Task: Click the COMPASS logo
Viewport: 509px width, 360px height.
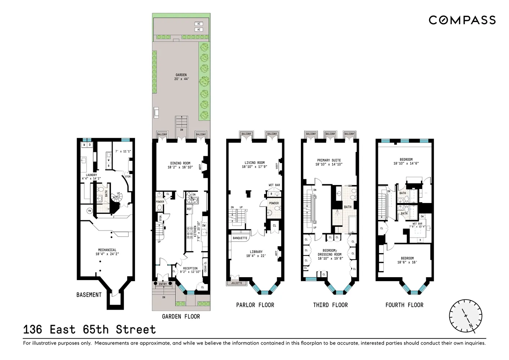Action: [462, 20]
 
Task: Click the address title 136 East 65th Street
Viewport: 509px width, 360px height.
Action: [89, 329]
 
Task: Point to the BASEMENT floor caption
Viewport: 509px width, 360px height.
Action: [89, 295]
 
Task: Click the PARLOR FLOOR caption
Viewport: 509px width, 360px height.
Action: [255, 305]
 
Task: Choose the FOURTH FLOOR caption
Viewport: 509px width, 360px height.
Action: [404, 305]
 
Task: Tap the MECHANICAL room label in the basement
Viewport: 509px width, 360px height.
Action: [107, 252]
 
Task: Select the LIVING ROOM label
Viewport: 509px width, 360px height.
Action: [254, 165]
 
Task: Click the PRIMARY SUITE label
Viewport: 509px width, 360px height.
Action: [329, 162]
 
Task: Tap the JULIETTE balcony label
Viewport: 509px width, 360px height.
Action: [237, 283]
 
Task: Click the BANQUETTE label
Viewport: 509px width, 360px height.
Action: [240, 238]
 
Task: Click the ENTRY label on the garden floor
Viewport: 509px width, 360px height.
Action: [163, 284]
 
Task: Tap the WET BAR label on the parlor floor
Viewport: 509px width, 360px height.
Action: [274, 185]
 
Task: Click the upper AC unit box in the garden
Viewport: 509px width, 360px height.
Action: [198, 24]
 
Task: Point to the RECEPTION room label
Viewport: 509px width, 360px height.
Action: [190, 270]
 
